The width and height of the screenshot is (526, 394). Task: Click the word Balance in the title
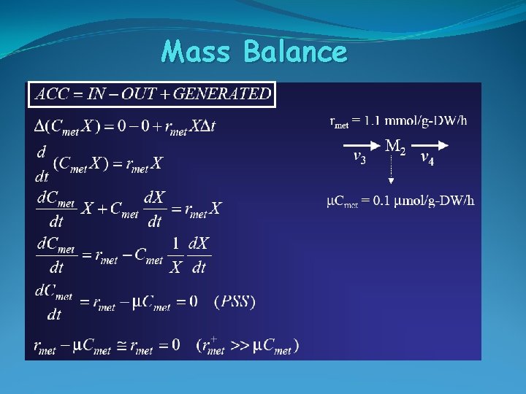[295, 52]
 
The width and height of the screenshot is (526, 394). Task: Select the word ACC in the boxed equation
[49, 94]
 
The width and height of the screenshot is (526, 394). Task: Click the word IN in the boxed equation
[96, 94]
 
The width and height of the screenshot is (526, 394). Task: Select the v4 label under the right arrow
[427, 158]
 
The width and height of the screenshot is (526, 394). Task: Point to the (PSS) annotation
[235, 301]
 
